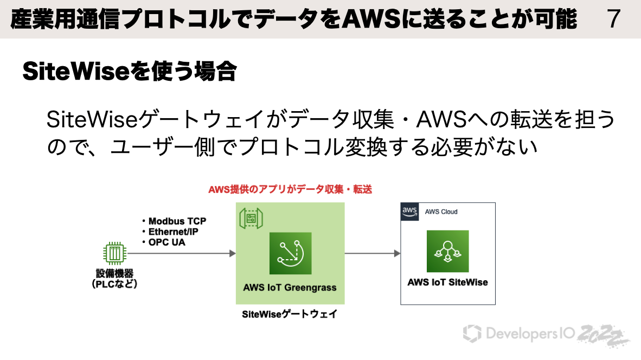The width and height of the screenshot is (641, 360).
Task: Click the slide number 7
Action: click(x=613, y=19)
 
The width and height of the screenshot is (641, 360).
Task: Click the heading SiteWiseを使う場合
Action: click(x=130, y=72)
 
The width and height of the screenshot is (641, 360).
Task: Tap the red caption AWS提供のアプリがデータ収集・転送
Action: click(x=290, y=190)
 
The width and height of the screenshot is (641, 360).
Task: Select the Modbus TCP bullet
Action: click(x=174, y=221)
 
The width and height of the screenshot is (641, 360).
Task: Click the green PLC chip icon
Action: click(x=114, y=253)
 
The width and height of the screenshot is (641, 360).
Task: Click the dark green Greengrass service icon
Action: click(x=290, y=253)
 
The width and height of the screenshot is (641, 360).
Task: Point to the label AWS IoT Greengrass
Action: click(x=290, y=287)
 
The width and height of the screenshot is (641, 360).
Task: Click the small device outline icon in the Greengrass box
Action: click(x=251, y=218)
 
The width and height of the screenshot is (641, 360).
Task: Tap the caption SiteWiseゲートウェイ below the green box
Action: click(x=290, y=314)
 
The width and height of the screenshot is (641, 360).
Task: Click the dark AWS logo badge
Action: click(x=409, y=211)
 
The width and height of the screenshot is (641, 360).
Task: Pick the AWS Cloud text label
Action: click(x=441, y=211)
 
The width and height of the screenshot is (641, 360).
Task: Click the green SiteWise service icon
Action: click(x=447, y=251)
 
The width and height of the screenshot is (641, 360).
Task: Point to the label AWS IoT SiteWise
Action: click(x=447, y=282)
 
